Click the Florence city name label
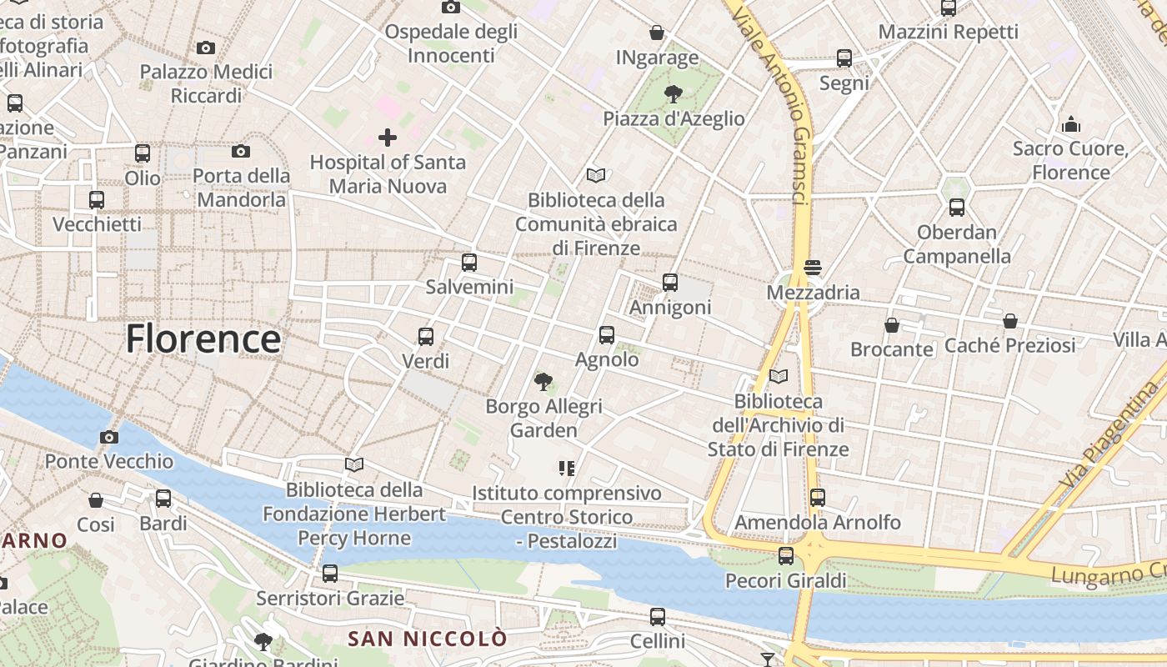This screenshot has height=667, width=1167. (x=203, y=339)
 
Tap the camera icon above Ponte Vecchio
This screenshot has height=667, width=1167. (x=108, y=437)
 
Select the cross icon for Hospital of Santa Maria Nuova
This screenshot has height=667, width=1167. (x=387, y=138)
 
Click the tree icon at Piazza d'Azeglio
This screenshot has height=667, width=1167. (x=673, y=94)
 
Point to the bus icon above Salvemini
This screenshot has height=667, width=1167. (x=469, y=263)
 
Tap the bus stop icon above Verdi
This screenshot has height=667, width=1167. (x=426, y=337)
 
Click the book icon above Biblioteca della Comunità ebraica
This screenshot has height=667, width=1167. (x=596, y=175)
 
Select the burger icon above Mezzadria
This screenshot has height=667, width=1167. (x=813, y=268)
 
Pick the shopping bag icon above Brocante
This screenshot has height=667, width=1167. (x=892, y=324)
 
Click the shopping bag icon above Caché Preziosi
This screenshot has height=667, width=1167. (x=1010, y=320)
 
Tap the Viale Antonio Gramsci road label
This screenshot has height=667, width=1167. (x=784, y=100)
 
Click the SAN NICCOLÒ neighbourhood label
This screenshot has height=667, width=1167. (x=427, y=639)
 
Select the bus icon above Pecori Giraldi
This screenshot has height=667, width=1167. (x=786, y=556)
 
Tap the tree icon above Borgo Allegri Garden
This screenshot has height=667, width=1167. (x=543, y=382)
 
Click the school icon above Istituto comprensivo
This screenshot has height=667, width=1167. (x=567, y=469)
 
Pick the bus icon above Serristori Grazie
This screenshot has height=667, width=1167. (x=330, y=574)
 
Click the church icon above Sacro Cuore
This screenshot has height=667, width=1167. (x=1071, y=125)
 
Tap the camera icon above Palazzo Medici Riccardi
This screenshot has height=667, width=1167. (x=206, y=48)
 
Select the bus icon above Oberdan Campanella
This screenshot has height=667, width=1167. (x=956, y=208)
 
